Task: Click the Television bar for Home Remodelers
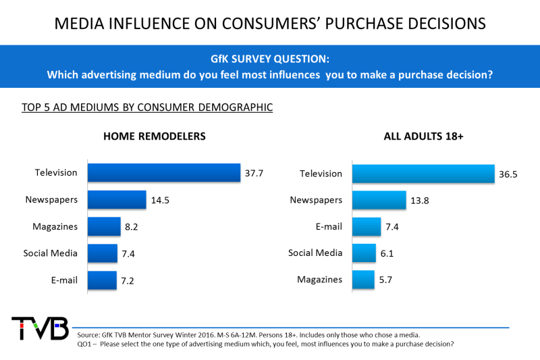[x=164, y=173]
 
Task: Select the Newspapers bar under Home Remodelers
[x=117, y=199]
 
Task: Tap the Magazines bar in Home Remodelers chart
[x=105, y=226]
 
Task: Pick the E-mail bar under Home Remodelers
[x=103, y=280]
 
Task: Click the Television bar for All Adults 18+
[x=423, y=174]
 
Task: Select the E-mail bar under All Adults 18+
[x=367, y=226]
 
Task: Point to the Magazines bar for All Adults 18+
[x=363, y=280]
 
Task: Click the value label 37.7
[x=254, y=173]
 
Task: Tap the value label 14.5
[x=160, y=200]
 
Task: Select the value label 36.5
[x=508, y=174]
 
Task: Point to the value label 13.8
[x=419, y=201]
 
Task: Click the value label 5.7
[x=385, y=280]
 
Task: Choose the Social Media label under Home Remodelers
[x=50, y=253]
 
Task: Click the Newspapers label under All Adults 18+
[x=316, y=200]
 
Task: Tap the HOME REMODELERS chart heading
[x=155, y=136]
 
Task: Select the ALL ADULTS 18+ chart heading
[x=424, y=136]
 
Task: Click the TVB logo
[x=40, y=328]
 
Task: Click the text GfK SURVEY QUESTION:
[x=270, y=59]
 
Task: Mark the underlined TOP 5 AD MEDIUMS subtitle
[x=147, y=107]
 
